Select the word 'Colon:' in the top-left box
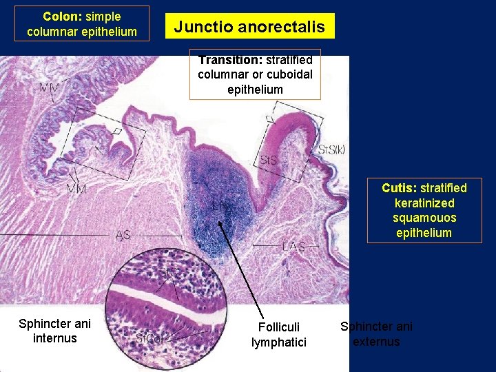pyautogui.click(x=62, y=17)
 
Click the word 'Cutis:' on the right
pyautogui.click(x=399, y=188)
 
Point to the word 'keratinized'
pyautogui.click(x=424, y=203)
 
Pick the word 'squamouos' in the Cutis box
pyautogui.click(x=424, y=218)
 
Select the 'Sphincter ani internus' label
pyautogui.click(x=54, y=331)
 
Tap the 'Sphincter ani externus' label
pyautogui.click(x=376, y=333)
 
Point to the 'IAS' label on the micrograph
pyautogui.click(x=123, y=235)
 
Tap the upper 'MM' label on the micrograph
pyautogui.click(x=49, y=87)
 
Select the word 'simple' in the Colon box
pyautogui.click(x=103, y=17)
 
